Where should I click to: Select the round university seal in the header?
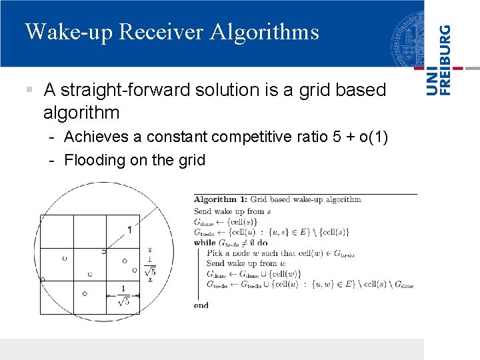click(407, 37)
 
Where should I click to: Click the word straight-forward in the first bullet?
click(127, 89)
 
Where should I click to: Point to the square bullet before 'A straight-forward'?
click(29, 89)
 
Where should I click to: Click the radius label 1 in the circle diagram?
click(129, 229)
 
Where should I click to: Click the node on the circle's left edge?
click(41, 279)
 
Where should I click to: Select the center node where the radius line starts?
click(103, 251)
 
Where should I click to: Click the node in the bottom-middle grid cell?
click(85, 293)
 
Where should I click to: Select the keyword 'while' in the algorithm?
click(205, 243)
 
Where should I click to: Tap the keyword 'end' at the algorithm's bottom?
click(201, 305)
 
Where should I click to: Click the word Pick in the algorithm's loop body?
click(215, 253)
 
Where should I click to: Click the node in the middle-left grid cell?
click(65, 258)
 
